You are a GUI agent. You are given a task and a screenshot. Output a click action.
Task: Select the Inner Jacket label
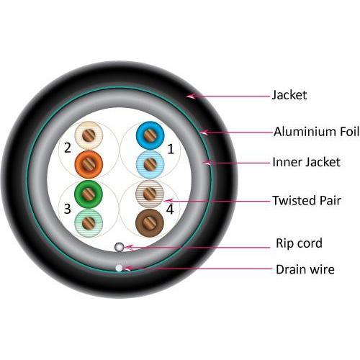(306, 163)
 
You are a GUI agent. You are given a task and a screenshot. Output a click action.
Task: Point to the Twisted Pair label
(306, 200)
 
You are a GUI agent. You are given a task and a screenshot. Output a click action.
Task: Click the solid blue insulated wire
(150, 135)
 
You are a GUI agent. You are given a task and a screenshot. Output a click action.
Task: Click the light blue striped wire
(150, 164)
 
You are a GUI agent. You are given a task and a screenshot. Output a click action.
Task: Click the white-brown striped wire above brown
(150, 193)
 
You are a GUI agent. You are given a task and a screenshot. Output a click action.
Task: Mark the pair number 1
(171, 150)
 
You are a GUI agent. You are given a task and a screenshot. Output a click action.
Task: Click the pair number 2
(67, 148)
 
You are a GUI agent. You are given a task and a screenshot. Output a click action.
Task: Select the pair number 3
(67, 209)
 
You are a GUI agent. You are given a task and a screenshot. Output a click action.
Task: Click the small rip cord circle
(120, 247)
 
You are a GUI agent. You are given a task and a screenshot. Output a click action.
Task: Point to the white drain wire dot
(120, 269)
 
